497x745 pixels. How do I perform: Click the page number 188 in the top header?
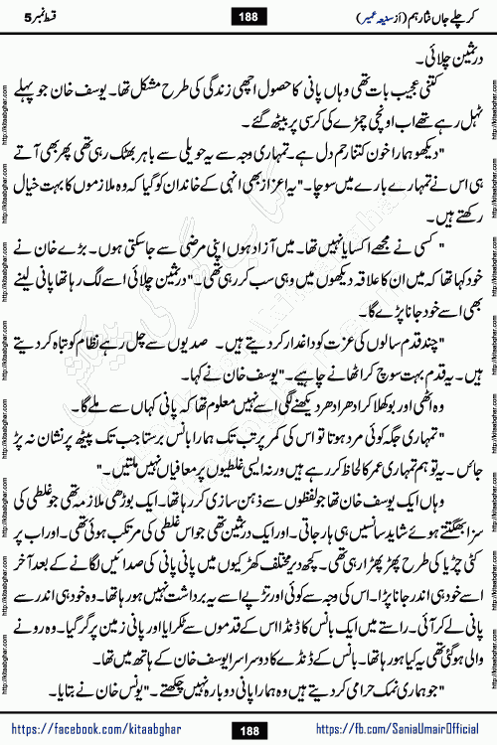[x=248, y=14]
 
